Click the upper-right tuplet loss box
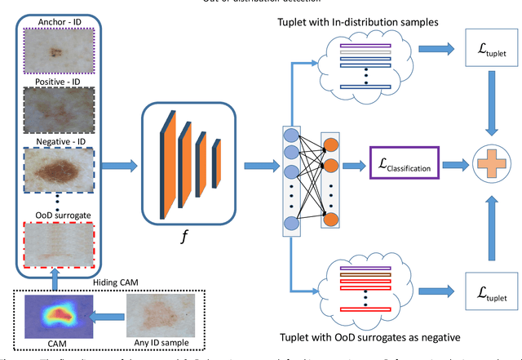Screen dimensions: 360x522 [488, 56]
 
